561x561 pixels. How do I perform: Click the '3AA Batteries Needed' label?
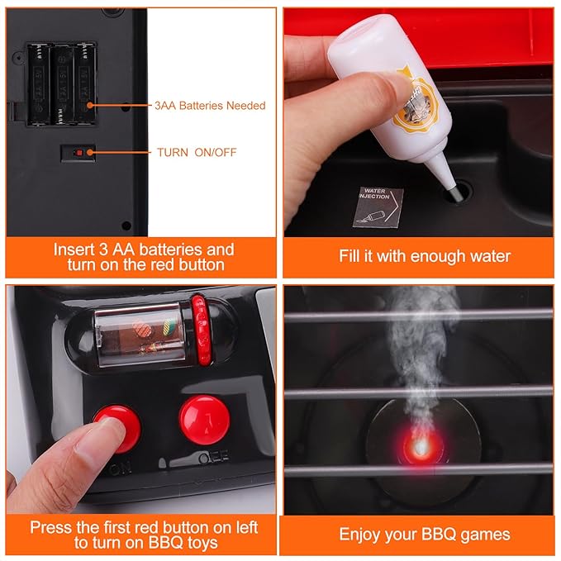pos(210,106)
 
